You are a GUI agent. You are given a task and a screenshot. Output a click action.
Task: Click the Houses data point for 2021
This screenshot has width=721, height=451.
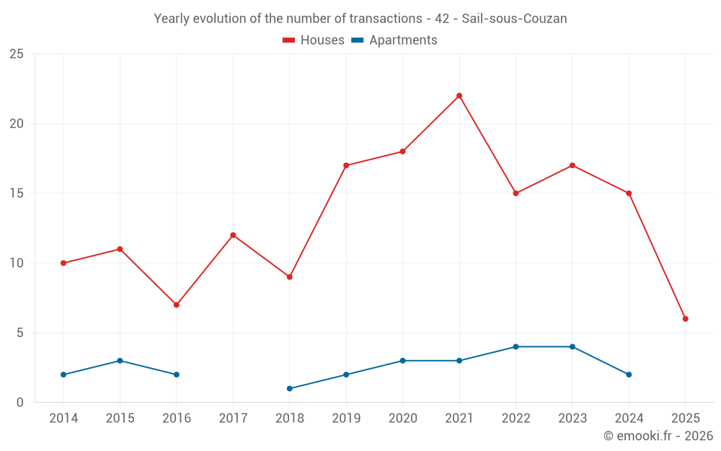point(459,96)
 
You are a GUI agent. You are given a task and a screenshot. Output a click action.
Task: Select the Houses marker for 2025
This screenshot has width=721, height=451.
point(686,319)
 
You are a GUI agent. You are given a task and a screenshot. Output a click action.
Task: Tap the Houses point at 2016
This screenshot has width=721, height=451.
point(177,305)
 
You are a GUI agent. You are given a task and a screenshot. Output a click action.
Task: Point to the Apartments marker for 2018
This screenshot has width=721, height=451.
point(290,388)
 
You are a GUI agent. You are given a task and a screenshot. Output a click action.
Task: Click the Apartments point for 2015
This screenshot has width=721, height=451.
point(120,361)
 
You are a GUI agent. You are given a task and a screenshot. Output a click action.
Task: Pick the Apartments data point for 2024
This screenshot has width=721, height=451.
point(629,375)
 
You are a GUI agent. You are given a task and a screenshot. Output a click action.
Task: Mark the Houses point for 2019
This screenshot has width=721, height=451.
point(346,165)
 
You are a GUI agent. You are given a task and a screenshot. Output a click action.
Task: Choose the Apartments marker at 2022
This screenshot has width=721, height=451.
point(516,347)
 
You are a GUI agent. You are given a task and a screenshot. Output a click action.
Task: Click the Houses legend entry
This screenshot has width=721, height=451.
point(314,40)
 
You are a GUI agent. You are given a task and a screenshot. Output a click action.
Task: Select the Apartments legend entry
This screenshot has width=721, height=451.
point(394,40)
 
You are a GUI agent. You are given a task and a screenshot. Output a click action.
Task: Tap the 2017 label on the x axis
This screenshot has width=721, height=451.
point(233,419)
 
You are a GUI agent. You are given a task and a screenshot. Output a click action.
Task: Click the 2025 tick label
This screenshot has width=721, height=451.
point(686,419)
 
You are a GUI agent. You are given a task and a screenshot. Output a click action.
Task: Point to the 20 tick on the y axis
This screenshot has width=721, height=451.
point(16,123)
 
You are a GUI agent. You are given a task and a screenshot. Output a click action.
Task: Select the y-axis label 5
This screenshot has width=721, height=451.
point(20,333)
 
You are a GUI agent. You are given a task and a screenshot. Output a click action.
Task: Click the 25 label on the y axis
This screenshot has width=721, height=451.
point(16,54)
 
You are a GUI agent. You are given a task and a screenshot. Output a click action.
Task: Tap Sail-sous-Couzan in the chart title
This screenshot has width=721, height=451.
point(514,19)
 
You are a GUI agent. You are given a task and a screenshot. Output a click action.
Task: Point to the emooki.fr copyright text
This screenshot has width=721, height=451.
point(658,436)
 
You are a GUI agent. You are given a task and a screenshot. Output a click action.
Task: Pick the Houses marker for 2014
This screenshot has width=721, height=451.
point(63,263)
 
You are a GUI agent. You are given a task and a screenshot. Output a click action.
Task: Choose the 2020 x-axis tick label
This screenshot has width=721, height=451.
point(402,419)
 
